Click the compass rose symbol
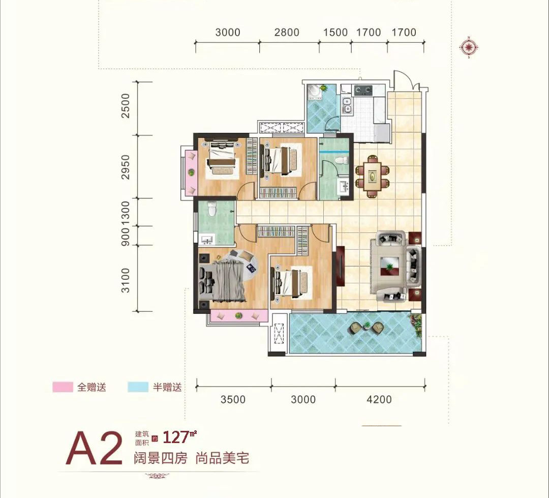coord(469,47)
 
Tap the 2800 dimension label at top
coord(287,33)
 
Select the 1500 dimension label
coord(335,33)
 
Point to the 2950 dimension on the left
coord(127,167)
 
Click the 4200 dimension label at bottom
coord(379,400)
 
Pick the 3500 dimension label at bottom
coord(233,400)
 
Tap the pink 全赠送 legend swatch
coord(63,387)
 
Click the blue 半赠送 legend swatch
coord(138,387)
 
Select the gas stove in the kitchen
coord(362,91)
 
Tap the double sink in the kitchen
coord(348,105)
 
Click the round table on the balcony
coord(366,327)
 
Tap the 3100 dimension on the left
coord(127,280)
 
